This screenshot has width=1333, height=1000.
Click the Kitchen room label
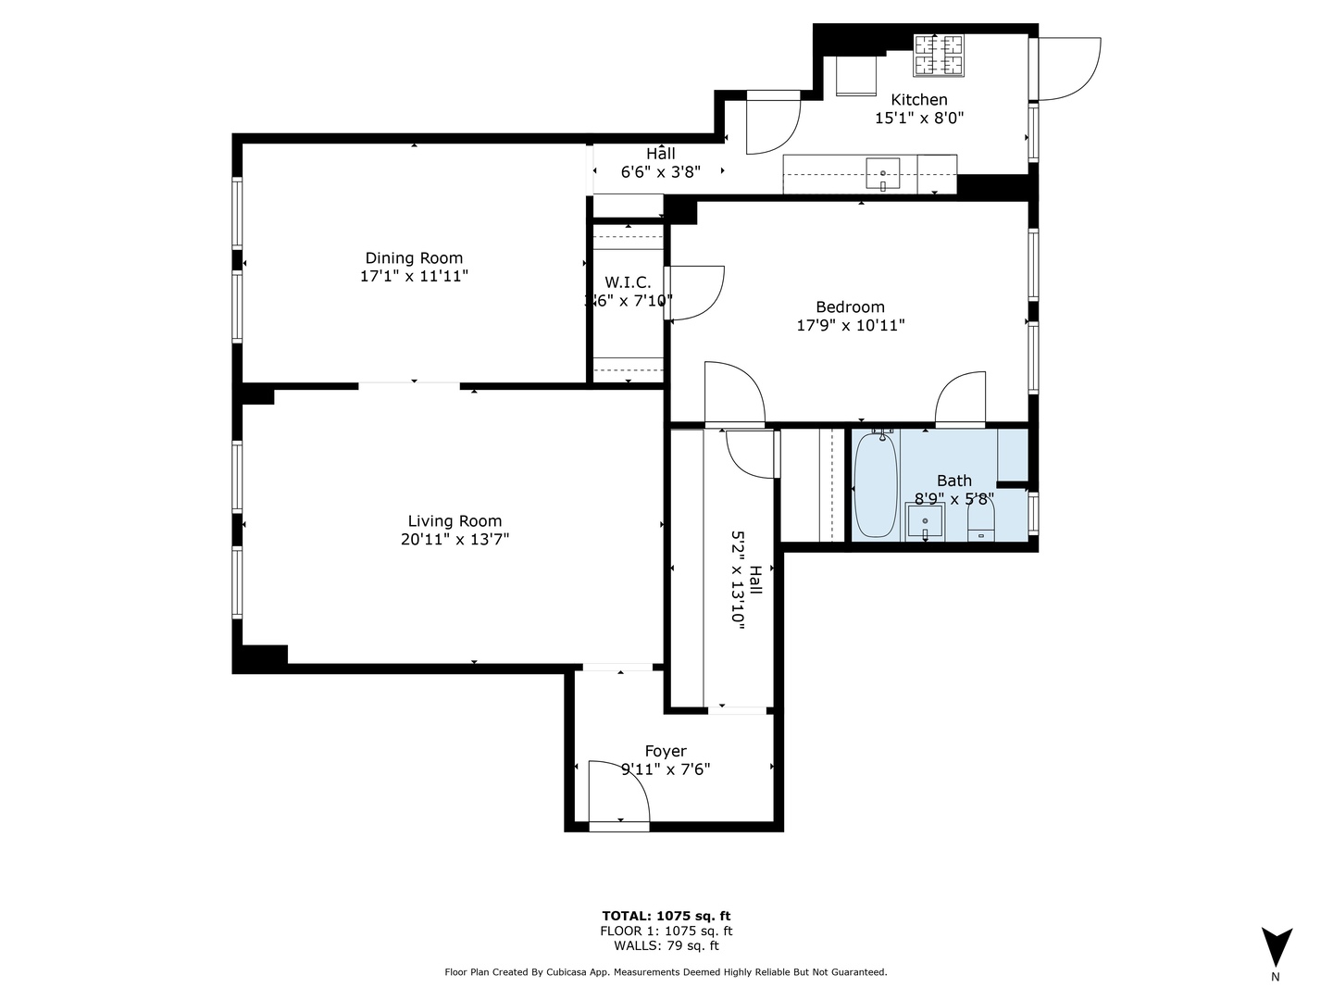[x=918, y=100]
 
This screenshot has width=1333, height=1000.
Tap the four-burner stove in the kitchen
[x=939, y=55]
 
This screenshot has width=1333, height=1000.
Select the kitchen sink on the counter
[x=883, y=173]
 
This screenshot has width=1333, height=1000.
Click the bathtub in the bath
[x=875, y=485]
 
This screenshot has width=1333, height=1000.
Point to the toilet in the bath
[x=980, y=520]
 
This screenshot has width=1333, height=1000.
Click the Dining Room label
[x=414, y=258]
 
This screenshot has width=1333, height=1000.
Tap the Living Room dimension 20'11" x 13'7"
[x=455, y=540]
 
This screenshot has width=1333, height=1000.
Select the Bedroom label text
[x=850, y=307]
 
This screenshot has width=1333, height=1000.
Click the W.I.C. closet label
[x=628, y=282]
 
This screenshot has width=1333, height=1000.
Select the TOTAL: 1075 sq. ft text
[x=666, y=917]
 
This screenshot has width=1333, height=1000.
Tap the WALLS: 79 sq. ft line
[x=666, y=945]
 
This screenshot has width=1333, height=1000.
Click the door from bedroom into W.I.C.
[x=693, y=293]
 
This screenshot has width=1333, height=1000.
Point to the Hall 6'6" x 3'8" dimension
[x=659, y=172]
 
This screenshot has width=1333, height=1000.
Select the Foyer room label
[x=666, y=752]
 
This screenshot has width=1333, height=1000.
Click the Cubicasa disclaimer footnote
[x=666, y=972]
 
